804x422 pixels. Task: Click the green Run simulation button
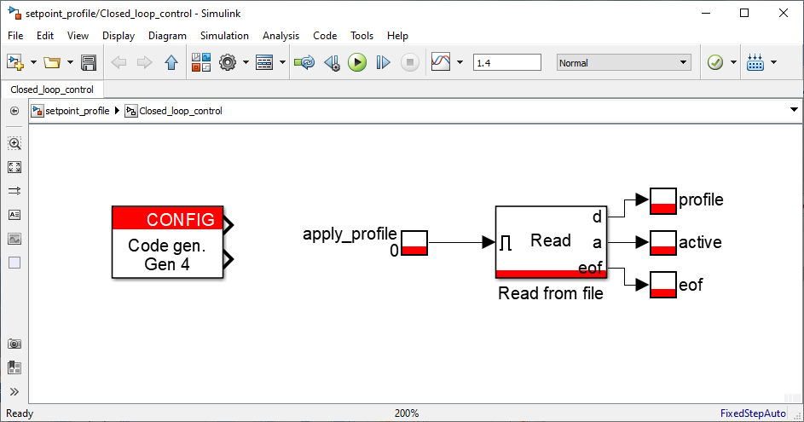pyautogui.click(x=357, y=62)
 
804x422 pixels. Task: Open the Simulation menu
pyautogui.click(x=224, y=36)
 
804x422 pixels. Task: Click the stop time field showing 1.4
pyautogui.click(x=506, y=62)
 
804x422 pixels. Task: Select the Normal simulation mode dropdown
pyautogui.click(x=623, y=62)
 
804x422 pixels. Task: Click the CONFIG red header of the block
pyautogui.click(x=168, y=218)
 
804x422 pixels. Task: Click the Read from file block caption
pyautogui.click(x=551, y=293)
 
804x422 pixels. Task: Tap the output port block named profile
pyautogui.click(x=663, y=200)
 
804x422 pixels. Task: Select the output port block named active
pyautogui.click(x=663, y=242)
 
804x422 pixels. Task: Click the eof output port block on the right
pyautogui.click(x=663, y=285)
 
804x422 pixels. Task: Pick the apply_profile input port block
pyautogui.click(x=414, y=242)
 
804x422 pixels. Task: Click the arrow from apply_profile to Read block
pyautogui.click(x=461, y=242)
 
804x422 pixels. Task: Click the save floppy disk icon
pyautogui.click(x=89, y=62)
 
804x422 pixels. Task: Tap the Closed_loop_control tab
pyautogui.click(x=52, y=90)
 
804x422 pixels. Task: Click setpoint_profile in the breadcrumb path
pyautogui.click(x=78, y=111)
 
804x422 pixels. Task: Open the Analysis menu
pyautogui.click(x=281, y=36)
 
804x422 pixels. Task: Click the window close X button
pyautogui.click(x=783, y=13)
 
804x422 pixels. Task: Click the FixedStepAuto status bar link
pyautogui.click(x=753, y=413)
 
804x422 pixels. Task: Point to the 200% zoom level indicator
pyautogui.click(x=407, y=413)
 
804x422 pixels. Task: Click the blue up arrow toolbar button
pyautogui.click(x=171, y=62)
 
